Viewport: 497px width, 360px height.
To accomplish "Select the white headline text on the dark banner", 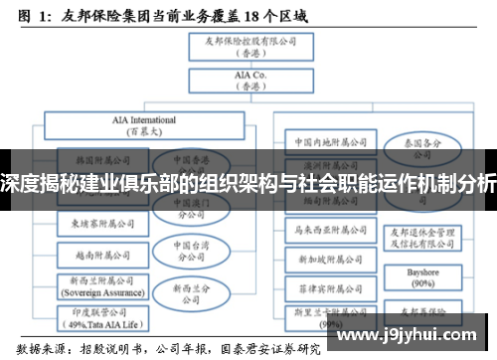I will pos(248,183).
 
